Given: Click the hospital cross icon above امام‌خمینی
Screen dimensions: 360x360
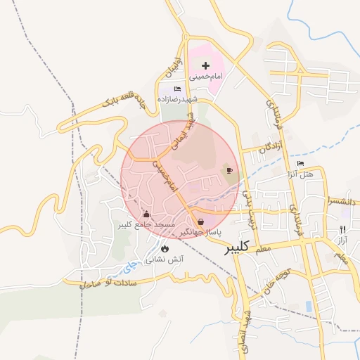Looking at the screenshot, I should pos(205,65).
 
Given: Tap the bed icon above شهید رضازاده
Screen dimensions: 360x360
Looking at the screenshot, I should pos(178,89).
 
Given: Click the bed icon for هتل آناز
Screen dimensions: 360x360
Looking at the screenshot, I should pos(301,164).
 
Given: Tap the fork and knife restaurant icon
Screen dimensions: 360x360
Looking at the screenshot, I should pos(342,229).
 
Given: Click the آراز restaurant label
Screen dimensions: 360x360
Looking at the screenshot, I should pos(342,240).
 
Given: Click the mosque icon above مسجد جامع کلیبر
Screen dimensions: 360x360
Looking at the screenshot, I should pos(146,214).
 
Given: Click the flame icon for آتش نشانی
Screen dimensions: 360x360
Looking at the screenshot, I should pos(165,248).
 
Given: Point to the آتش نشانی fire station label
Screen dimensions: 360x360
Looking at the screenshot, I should pos(165,259).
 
